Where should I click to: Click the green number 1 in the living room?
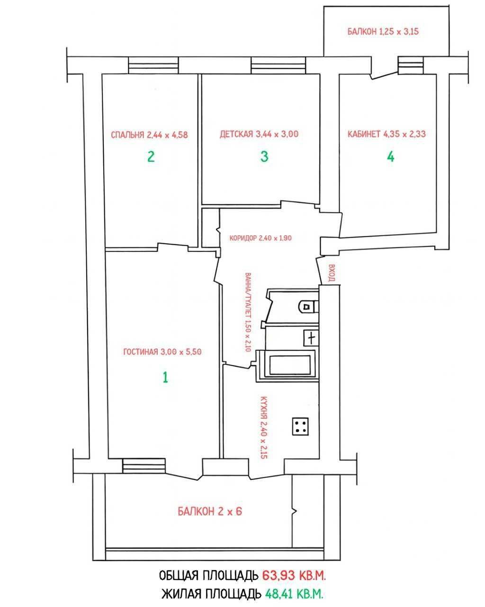tap(165, 377)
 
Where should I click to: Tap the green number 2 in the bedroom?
tap(151, 156)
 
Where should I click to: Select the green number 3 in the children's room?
tap(264, 156)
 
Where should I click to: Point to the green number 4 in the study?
tap(390, 156)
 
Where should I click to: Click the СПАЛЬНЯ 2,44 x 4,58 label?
tap(149, 135)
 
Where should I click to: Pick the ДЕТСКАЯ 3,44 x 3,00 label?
tap(259, 134)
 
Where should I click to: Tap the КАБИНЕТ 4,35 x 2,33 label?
tap(386, 134)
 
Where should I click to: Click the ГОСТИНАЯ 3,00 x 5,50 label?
tap(162, 352)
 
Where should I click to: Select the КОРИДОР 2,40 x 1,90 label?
tap(260, 238)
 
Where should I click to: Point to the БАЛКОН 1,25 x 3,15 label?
tap(383, 31)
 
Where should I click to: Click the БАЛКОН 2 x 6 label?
tap(210, 511)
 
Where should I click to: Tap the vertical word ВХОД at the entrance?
tap(332, 273)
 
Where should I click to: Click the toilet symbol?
tap(308, 306)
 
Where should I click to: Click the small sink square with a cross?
tap(311, 338)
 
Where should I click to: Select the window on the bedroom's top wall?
tap(153, 65)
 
